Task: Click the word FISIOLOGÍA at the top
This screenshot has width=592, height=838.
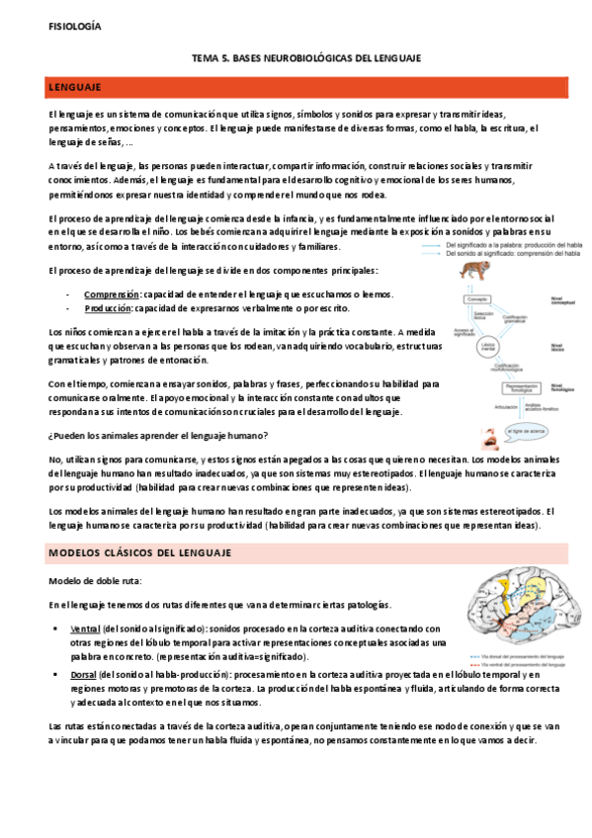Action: point(73,28)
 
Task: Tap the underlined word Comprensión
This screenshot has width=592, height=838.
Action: point(111,294)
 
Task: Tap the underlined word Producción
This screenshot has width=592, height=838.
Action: point(110,309)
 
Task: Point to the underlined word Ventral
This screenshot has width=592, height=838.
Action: point(85,628)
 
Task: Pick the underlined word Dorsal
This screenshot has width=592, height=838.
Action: point(84,673)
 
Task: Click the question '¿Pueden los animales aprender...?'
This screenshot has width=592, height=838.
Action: point(157,436)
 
